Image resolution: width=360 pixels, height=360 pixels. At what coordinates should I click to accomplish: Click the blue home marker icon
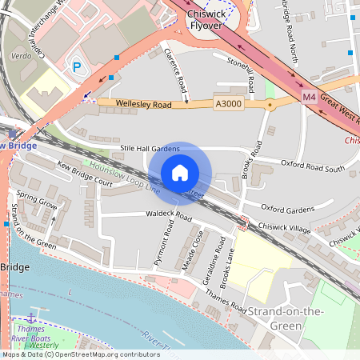click(x=180, y=173)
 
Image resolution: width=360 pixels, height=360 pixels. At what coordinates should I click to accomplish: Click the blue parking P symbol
click(x=78, y=67)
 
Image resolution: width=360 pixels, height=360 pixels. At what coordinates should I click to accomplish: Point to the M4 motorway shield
click(x=310, y=97)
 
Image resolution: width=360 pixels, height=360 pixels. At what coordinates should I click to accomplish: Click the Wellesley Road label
click(x=144, y=104)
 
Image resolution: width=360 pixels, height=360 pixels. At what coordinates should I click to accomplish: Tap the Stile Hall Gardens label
click(x=150, y=149)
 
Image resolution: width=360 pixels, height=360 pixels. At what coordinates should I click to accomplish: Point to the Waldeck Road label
click(x=168, y=216)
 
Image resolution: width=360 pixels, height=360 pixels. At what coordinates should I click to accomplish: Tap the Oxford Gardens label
click(x=288, y=210)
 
